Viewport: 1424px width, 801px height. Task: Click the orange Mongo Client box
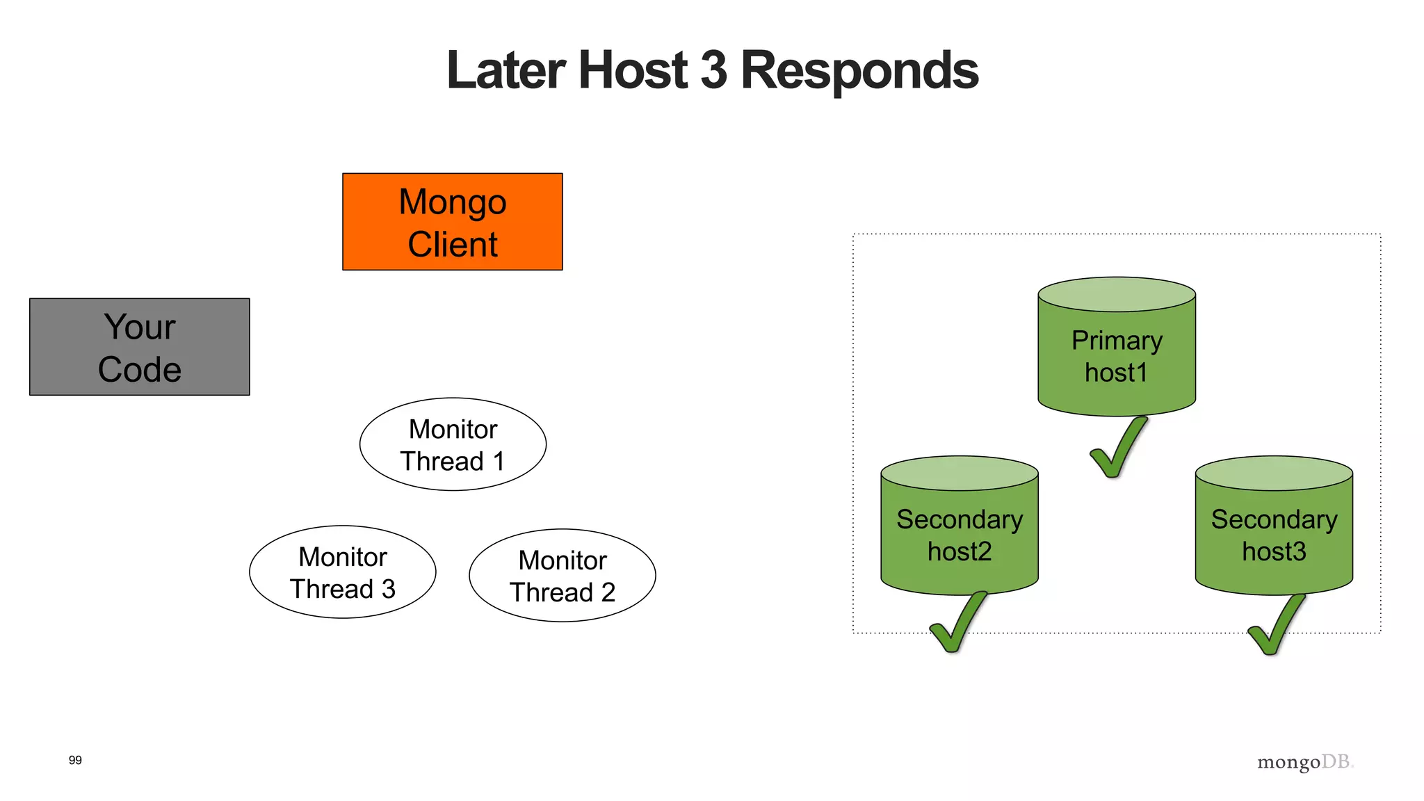pos(452,221)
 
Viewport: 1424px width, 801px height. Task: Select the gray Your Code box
pos(139,346)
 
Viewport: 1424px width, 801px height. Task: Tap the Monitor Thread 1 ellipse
pos(453,444)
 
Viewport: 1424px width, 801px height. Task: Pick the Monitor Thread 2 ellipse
pos(562,576)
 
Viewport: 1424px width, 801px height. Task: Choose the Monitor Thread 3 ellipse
pos(342,572)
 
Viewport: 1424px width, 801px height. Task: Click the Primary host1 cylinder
pos(1116,355)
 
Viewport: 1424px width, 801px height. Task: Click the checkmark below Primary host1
pos(1117,450)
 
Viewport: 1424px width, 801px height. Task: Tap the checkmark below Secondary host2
pos(957,624)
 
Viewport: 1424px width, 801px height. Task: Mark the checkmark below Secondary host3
pos(1275,626)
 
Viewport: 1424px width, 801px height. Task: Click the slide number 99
pos(75,760)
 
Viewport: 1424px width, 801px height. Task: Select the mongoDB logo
pos(1304,762)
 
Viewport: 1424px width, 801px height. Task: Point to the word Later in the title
pos(505,71)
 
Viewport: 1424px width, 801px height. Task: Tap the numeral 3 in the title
pos(713,71)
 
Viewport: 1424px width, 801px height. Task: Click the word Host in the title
pos(633,71)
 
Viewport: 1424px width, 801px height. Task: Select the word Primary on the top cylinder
pos(1116,341)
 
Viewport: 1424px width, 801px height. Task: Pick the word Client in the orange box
pos(452,245)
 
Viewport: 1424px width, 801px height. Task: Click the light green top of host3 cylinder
pos(1273,473)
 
